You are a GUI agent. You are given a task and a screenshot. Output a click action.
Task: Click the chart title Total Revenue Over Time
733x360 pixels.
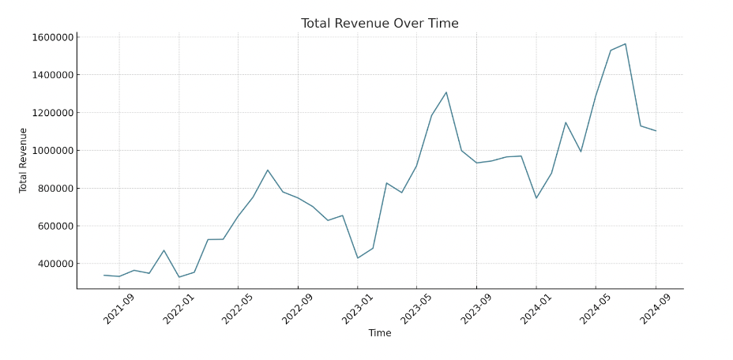(379, 24)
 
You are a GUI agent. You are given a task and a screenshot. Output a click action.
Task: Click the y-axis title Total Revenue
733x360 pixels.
(24, 160)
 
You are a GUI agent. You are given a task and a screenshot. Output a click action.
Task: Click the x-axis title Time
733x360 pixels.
(379, 333)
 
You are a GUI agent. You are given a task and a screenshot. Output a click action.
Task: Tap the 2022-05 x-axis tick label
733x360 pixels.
(239, 309)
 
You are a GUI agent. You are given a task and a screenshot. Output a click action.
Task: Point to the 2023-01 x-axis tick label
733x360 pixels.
(358, 309)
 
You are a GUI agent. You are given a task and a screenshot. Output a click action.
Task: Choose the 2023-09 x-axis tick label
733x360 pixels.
(477, 309)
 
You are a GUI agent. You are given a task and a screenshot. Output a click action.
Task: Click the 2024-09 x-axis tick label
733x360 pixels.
(656, 309)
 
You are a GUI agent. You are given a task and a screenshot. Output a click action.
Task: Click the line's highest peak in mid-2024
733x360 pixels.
(626, 43)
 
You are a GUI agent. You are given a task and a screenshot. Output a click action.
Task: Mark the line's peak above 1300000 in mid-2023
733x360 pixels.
(446, 92)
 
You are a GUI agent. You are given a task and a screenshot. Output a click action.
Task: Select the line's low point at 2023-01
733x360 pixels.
(357, 258)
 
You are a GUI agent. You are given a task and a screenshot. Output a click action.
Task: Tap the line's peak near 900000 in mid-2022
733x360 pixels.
(268, 170)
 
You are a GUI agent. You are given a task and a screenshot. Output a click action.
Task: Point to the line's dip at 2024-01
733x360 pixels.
(536, 198)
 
